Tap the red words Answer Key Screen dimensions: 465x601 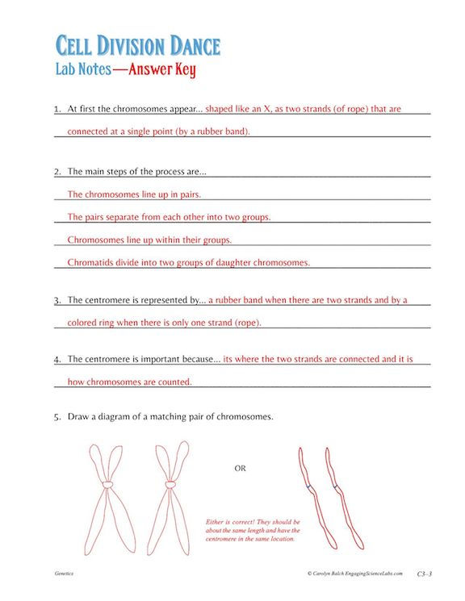164,69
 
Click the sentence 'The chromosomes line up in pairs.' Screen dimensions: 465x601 134,194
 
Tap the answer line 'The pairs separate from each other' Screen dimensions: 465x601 169,217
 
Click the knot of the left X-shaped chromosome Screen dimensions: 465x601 107,486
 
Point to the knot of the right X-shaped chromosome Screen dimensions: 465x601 170,486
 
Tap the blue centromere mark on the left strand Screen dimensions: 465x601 311,488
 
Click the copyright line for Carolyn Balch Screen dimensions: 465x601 354,574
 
